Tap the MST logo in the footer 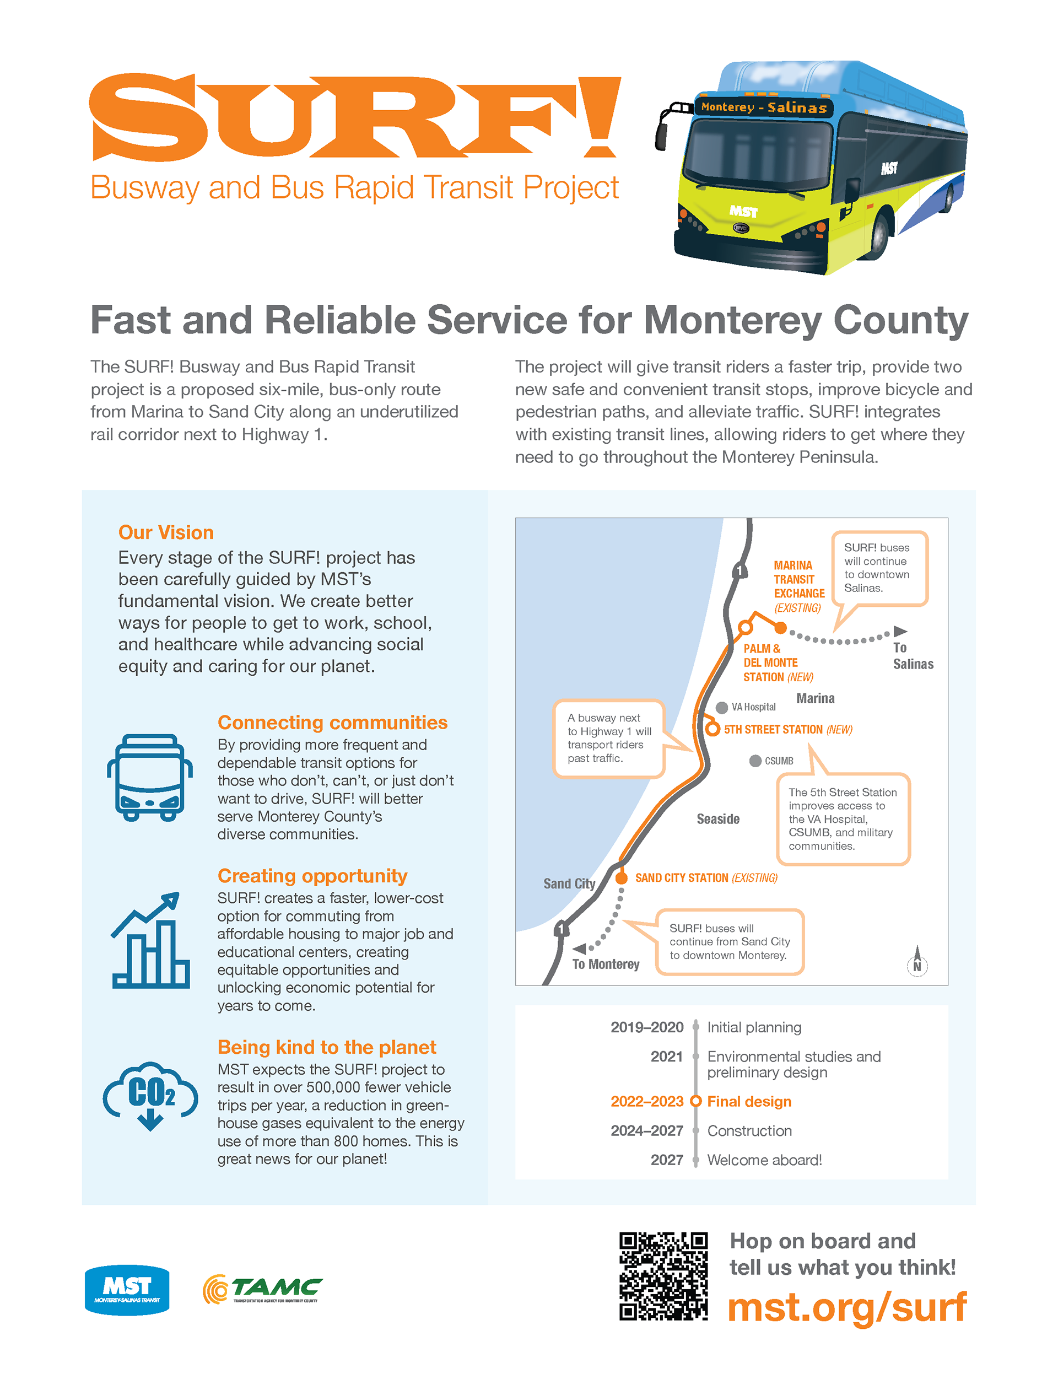point(127,1289)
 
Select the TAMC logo point(262,1289)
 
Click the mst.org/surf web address point(846,1307)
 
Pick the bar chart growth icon point(150,941)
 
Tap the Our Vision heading point(166,533)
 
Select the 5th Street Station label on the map point(788,730)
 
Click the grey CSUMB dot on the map point(755,761)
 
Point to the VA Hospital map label point(754,707)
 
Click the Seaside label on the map point(717,819)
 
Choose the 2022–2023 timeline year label point(646,1102)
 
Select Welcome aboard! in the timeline point(764,1160)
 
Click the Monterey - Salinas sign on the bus point(764,107)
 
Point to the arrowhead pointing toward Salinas point(900,631)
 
